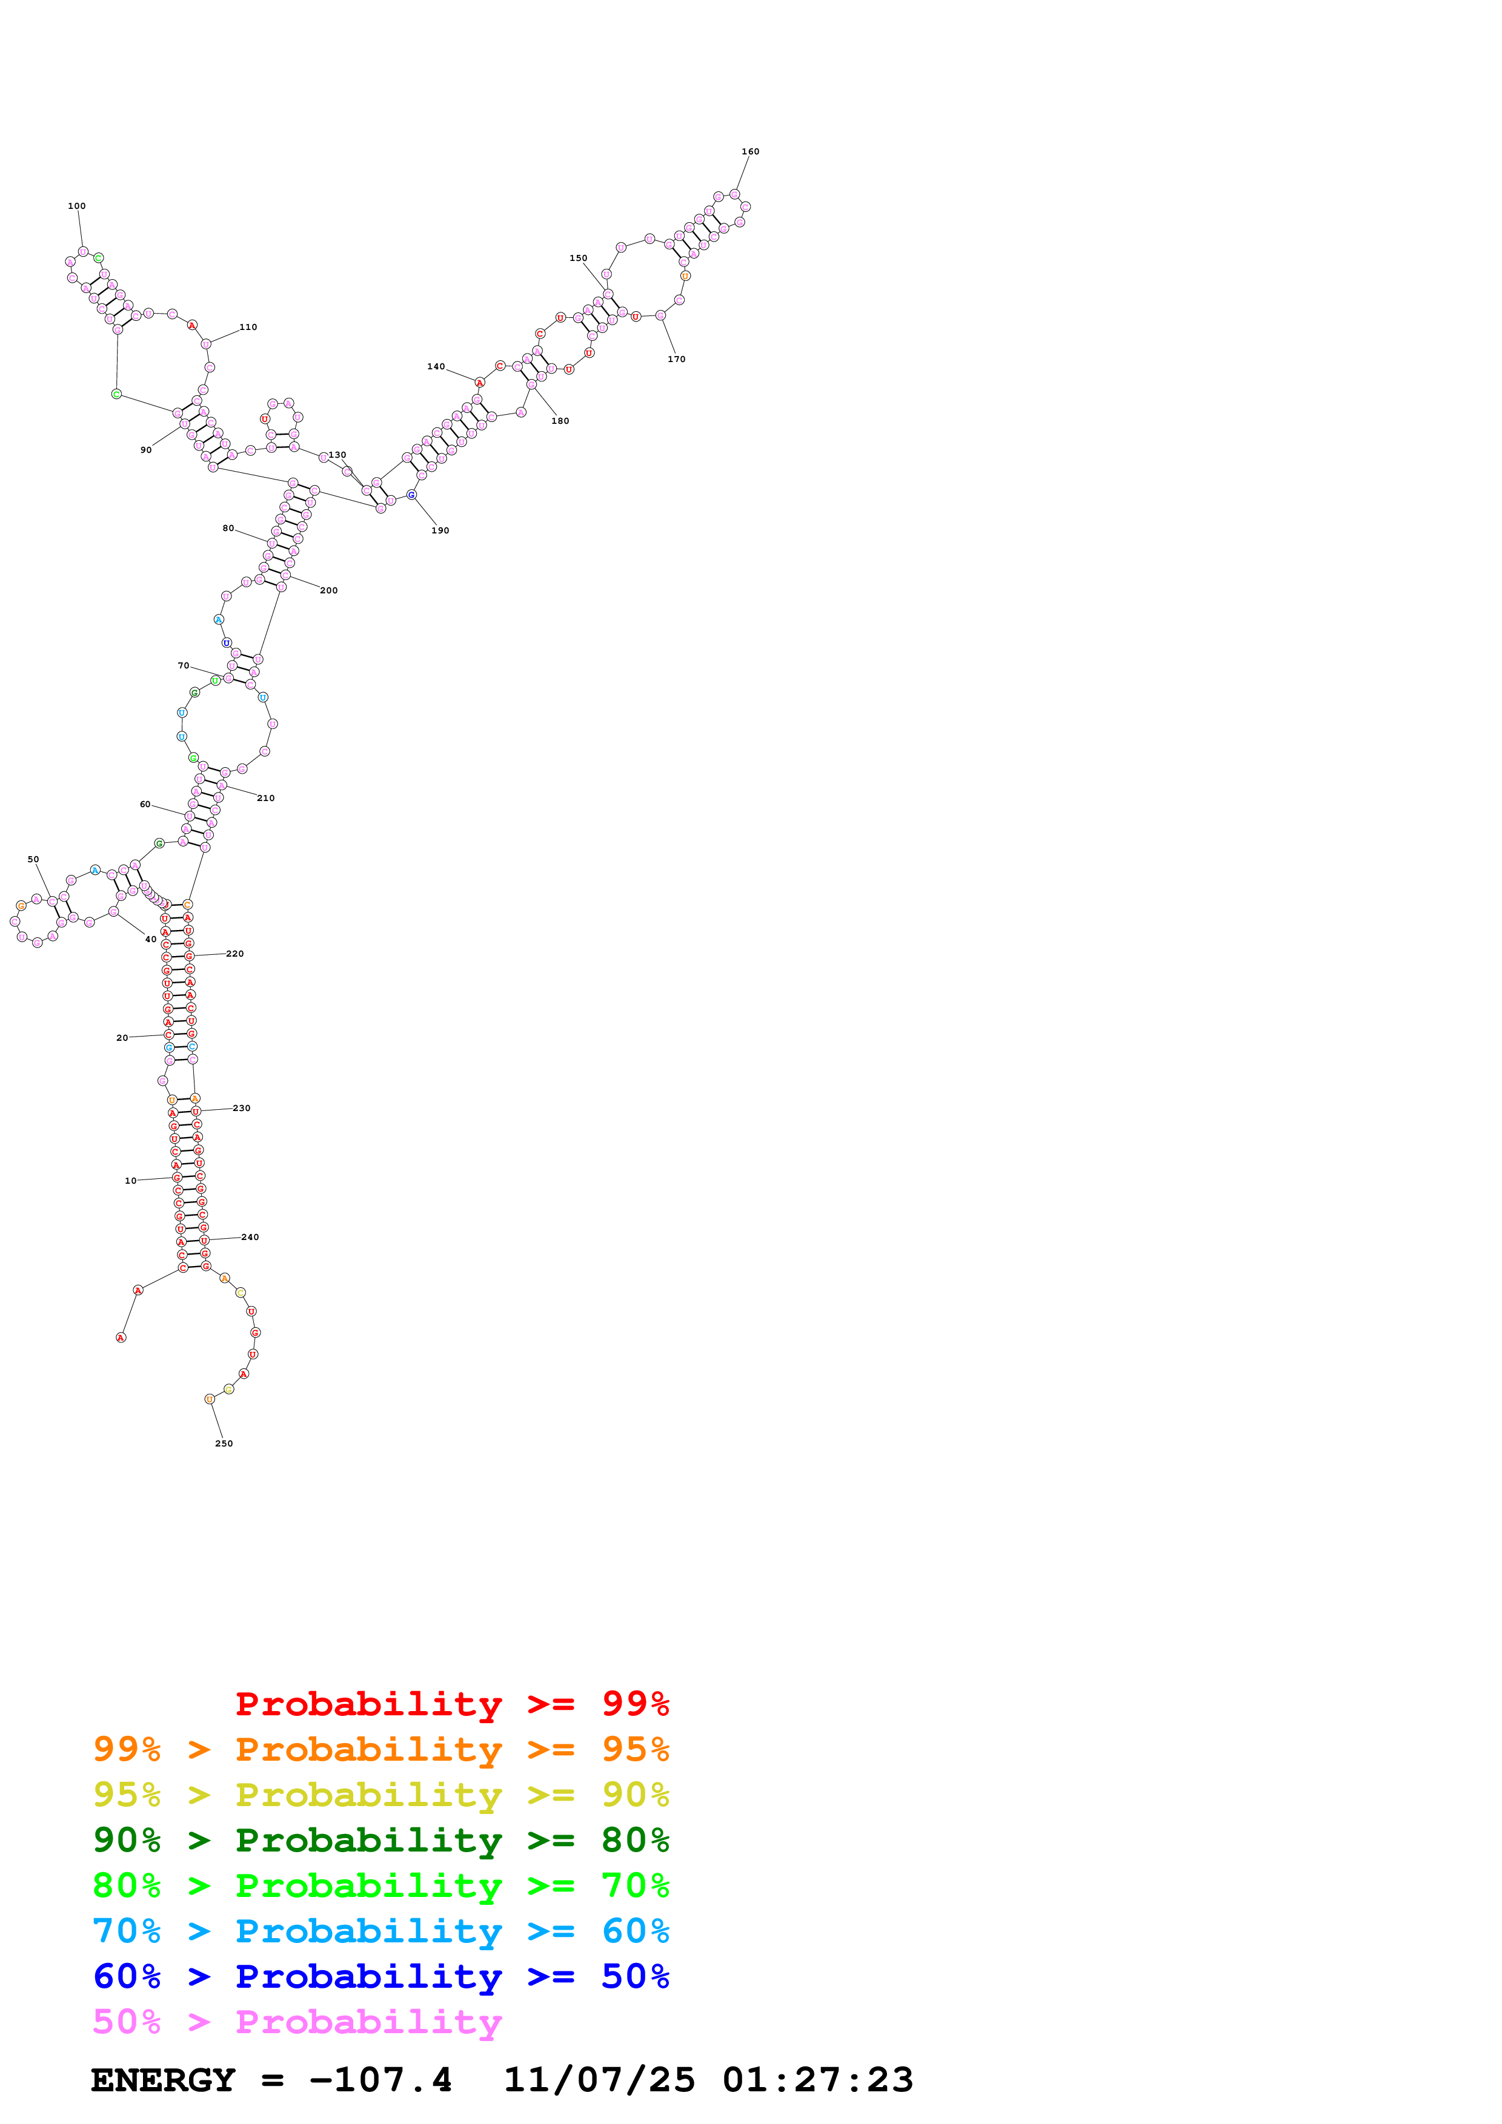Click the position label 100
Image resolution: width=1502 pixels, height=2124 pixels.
click(77, 206)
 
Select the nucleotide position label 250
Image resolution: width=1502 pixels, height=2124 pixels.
click(224, 1443)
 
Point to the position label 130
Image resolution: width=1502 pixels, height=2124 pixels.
click(338, 455)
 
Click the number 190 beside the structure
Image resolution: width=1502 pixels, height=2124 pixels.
click(440, 531)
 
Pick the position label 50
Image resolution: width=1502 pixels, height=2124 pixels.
click(33, 859)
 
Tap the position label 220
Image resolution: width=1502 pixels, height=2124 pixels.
click(235, 954)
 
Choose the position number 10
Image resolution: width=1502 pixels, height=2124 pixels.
click(130, 1181)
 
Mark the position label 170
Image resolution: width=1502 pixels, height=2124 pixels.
click(677, 359)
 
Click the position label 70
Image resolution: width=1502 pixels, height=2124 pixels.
click(183, 665)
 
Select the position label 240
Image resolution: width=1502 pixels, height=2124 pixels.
click(250, 1237)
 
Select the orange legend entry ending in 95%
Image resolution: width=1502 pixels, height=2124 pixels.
click(380, 1749)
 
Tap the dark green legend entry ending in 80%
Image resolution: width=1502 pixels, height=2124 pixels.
click(380, 1840)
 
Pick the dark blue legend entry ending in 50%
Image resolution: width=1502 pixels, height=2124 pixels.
click(380, 1976)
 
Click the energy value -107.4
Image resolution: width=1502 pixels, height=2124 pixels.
click(380, 2080)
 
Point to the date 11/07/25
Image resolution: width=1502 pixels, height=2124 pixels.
click(599, 2080)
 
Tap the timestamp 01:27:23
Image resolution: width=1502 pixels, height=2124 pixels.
click(817, 2080)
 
